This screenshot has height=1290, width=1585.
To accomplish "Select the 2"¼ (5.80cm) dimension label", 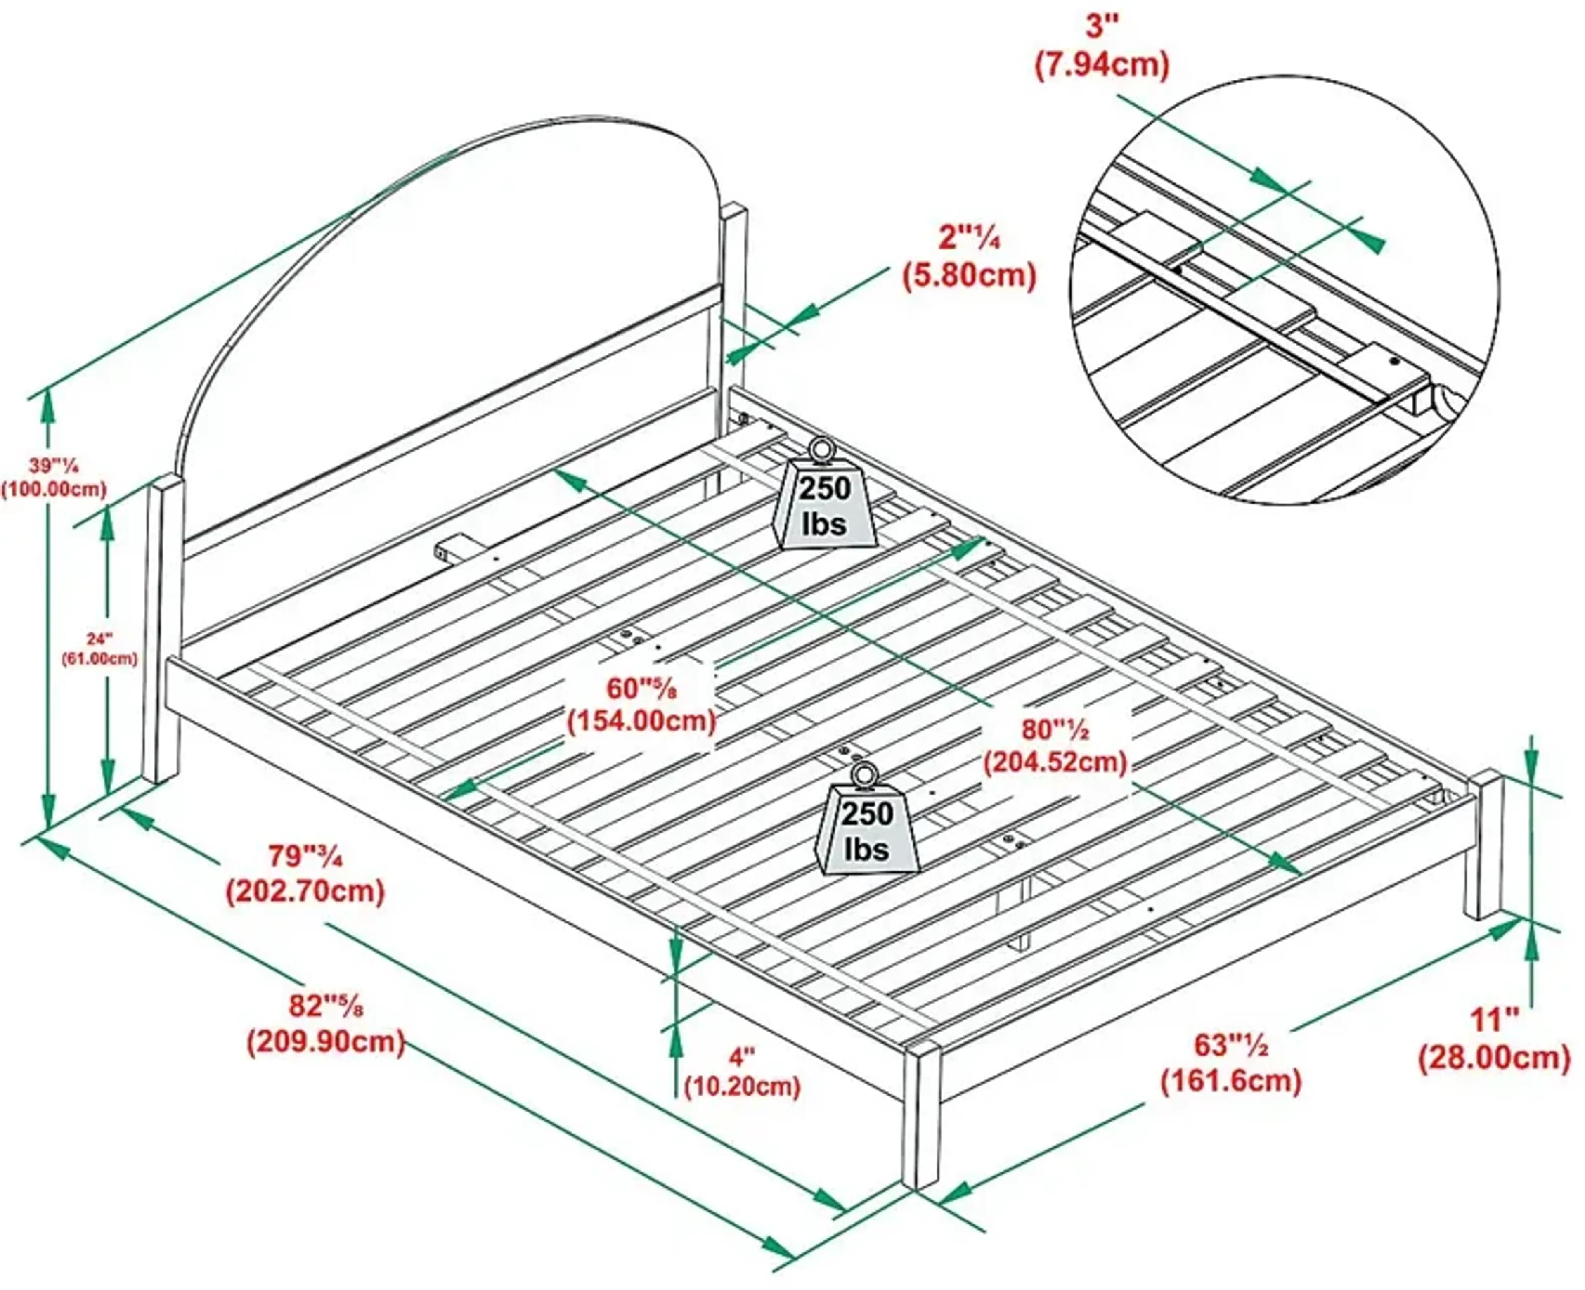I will click(969, 258).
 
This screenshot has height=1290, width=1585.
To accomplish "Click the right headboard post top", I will click(733, 215).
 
